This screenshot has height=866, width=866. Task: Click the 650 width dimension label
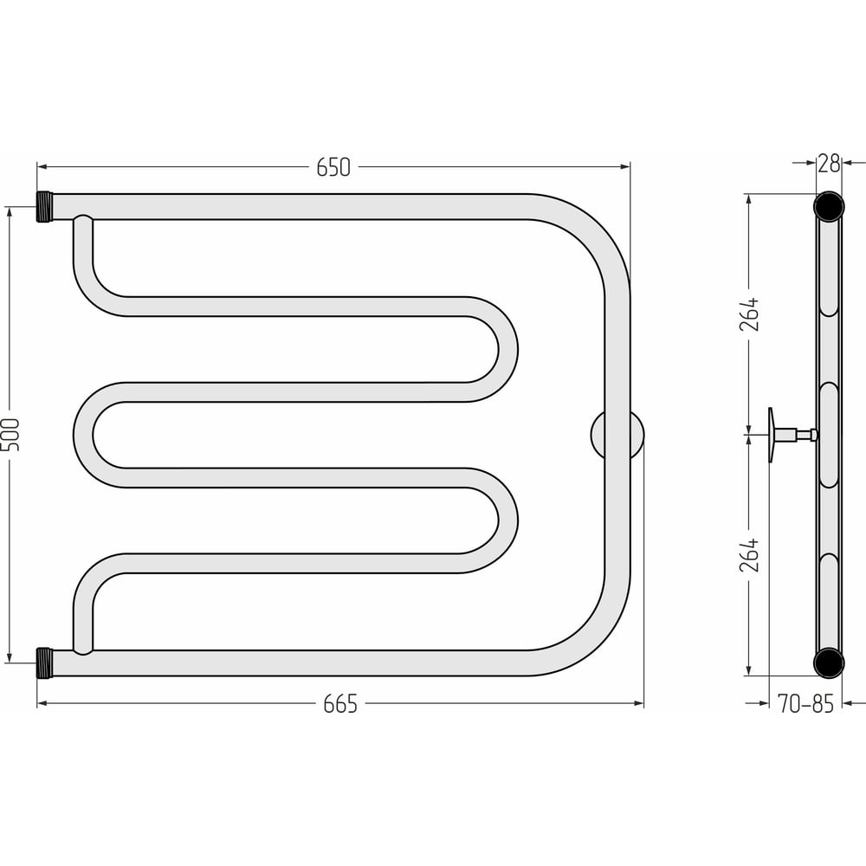tap(333, 167)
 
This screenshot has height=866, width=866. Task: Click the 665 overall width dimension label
tap(340, 704)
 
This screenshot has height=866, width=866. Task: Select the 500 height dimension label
tap(11, 435)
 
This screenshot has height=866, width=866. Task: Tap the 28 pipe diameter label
tap(829, 164)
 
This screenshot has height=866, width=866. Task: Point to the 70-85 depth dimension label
tap(805, 704)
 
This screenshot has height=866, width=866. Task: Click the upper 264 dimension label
tap(750, 314)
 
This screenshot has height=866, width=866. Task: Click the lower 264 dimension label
tap(750, 555)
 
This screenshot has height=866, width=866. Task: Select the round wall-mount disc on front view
tap(617, 435)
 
